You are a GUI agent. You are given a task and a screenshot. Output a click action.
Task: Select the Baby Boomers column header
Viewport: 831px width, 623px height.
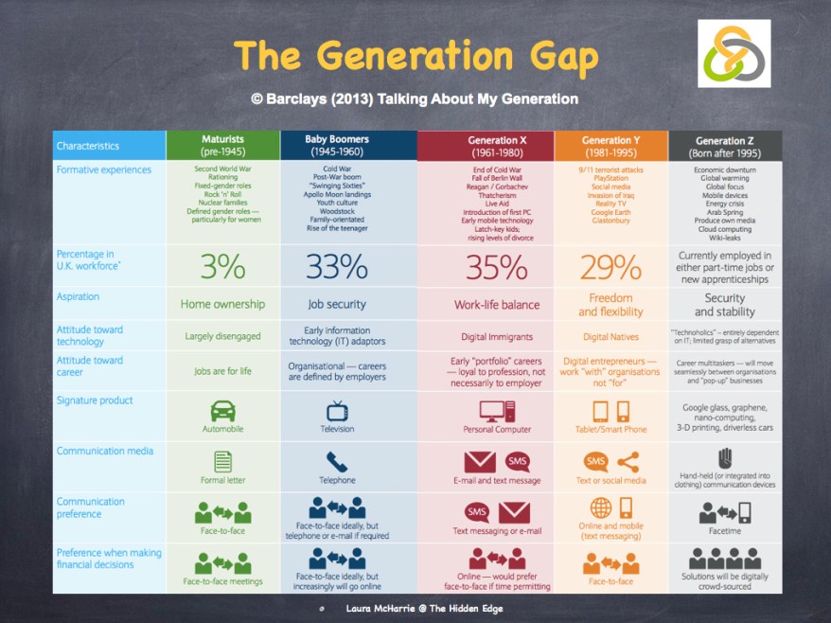tap(337, 145)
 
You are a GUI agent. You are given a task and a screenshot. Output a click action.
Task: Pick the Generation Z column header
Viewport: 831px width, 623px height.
tap(725, 146)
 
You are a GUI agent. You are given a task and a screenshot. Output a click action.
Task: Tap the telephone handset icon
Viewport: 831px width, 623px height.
tap(337, 461)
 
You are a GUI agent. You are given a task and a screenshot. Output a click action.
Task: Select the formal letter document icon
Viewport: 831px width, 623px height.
tap(222, 461)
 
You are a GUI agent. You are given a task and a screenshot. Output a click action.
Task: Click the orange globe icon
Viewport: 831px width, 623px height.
tap(600, 507)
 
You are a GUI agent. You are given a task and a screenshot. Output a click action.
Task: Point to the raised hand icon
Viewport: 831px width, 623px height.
tap(725, 457)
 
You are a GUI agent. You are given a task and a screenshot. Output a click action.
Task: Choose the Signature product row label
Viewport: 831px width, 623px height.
tap(95, 400)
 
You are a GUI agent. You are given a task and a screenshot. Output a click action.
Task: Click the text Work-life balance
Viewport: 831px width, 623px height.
tap(497, 305)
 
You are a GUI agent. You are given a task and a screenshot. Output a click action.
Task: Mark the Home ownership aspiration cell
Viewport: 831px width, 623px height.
tap(222, 305)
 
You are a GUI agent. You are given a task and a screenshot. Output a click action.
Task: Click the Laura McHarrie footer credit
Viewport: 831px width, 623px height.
tap(424, 608)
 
